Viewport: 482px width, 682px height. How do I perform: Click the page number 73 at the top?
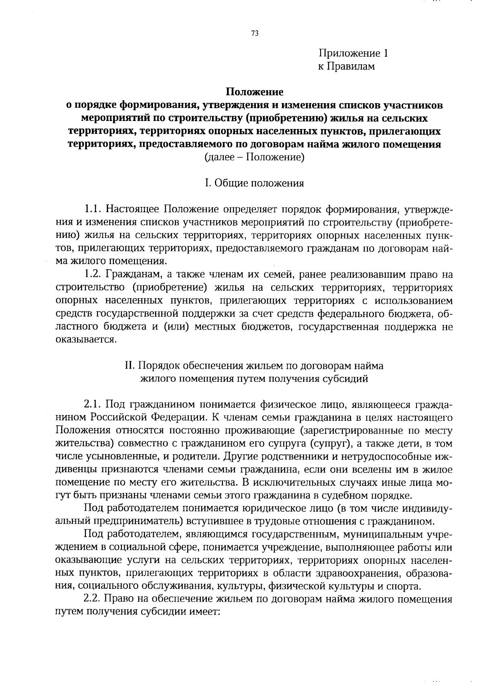point(255,34)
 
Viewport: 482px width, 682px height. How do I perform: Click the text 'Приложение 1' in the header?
point(353,53)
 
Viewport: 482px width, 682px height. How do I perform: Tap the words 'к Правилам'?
point(346,66)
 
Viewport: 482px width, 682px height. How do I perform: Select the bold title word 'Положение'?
point(255,92)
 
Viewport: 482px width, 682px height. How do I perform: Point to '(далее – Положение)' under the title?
point(255,157)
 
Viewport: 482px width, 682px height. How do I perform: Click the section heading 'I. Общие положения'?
point(255,183)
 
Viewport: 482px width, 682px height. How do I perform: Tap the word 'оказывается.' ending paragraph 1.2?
point(86,340)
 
